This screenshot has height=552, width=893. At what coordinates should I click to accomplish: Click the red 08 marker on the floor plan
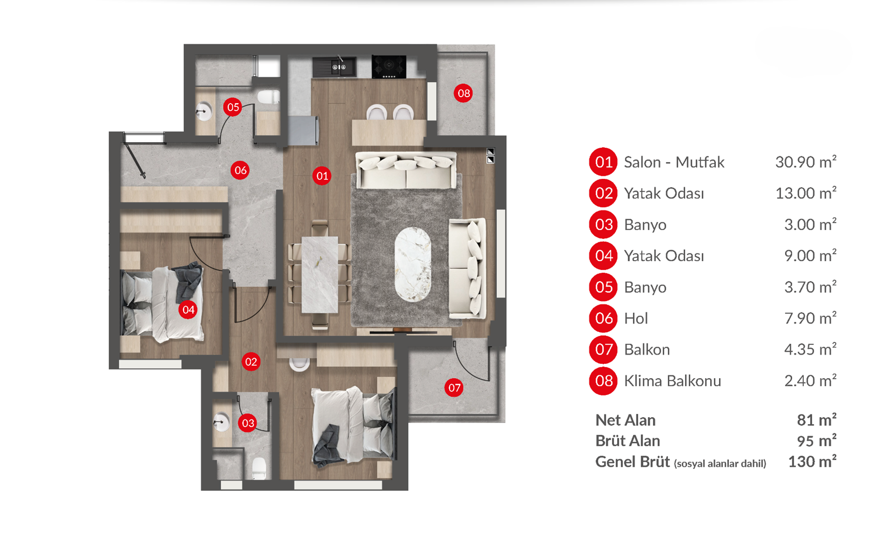pyautogui.click(x=463, y=93)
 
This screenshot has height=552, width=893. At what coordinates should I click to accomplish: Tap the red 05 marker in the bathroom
pyautogui.click(x=233, y=107)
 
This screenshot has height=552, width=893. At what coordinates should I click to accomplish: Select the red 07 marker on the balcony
pyautogui.click(x=454, y=388)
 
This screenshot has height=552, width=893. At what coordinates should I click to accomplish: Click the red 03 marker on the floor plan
pyautogui.click(x=248, y=423)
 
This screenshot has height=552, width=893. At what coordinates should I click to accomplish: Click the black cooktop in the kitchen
pyautogui.click(x=389, y=66)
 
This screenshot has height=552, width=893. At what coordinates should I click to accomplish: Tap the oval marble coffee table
pyautogui.click(x=413, y=264)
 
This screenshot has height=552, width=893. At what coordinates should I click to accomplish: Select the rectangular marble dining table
pyautogui.click(x=320, y=274)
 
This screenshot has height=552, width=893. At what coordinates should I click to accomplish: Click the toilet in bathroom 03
pyautogui.click(x=259, y=468)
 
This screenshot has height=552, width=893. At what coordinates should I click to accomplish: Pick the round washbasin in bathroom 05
pyautogui.click(x=204, y=111)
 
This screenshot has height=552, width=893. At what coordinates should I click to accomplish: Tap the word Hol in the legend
pyautogui.click(x=636, y=318)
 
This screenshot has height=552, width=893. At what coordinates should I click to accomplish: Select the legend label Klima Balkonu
pyautogui.click(x=672, y=381)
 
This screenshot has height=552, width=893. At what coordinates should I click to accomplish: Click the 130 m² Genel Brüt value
pyautogui.click(x=812, y=462)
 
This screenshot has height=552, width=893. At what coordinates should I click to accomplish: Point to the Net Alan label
pyautogui.click(x=625, y=420)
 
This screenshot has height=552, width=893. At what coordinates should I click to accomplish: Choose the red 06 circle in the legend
pyautogui.click(x=603, y=318)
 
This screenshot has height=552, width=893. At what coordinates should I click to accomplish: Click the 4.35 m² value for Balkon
pyautogui.click(x=810, y=350)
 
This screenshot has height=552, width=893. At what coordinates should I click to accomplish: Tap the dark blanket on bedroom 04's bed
pyautogui.click(x=188, y=284)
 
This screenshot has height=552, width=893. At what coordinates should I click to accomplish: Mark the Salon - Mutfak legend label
pyautogui.click(x=674, y=162)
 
